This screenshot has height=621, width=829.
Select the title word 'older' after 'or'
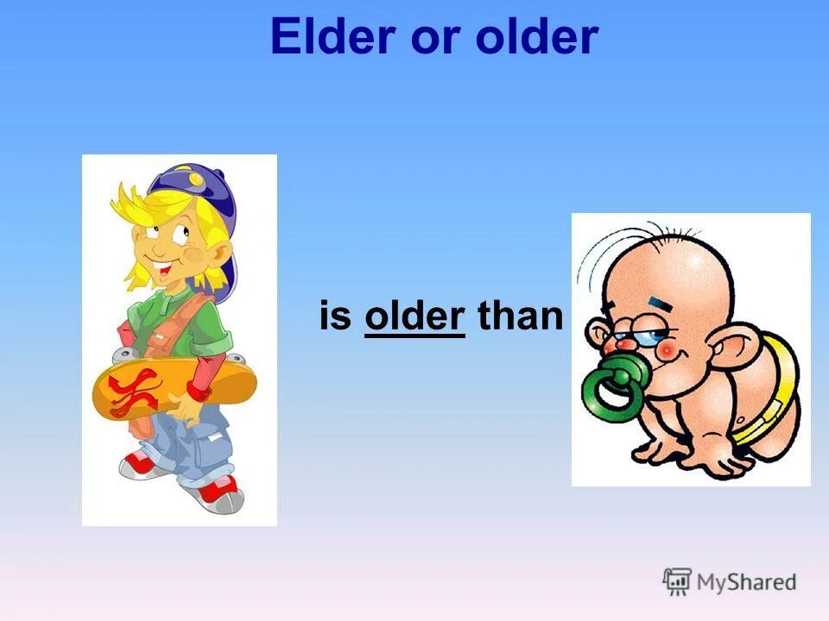point(537,38)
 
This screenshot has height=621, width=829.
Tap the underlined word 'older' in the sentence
point(414,317)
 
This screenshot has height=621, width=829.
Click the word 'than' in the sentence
point(520,317)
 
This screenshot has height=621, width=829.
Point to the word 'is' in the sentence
point(336,317)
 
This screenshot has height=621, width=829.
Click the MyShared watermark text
point(746,582)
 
